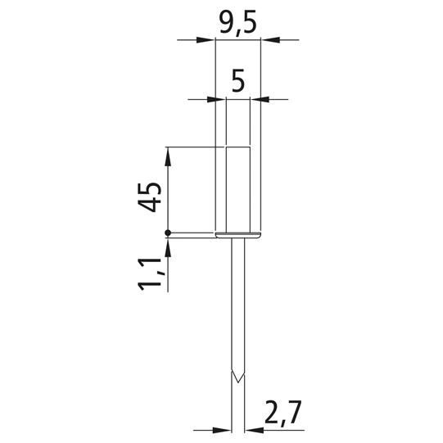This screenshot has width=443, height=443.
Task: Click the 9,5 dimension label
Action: tap(238, 23)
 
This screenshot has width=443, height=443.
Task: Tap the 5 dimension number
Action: tap(238, 81)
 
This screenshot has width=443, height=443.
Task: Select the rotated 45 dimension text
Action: tap(150, 197)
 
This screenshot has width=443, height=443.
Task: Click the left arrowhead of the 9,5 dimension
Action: tap(206, 40)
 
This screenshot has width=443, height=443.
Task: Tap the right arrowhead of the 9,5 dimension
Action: tap(270, 40)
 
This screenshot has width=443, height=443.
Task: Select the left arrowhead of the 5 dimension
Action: tap(217, 99)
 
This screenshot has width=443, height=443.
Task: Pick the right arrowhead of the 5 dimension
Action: tap(260, 99)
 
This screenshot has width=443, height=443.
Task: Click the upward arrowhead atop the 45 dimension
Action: tap(168, 156)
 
